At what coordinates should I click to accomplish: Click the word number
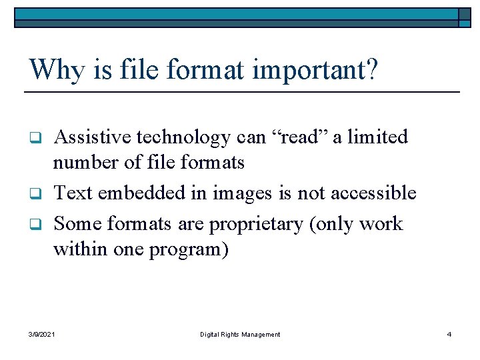click(85, 162)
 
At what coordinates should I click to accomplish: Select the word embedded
click(137, 193)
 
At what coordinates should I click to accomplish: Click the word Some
click(75, 223)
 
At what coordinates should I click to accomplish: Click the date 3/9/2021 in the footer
click(43, 334)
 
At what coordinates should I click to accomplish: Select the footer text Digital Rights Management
click(240, 334)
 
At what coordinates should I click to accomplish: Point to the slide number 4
click(449, 334)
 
